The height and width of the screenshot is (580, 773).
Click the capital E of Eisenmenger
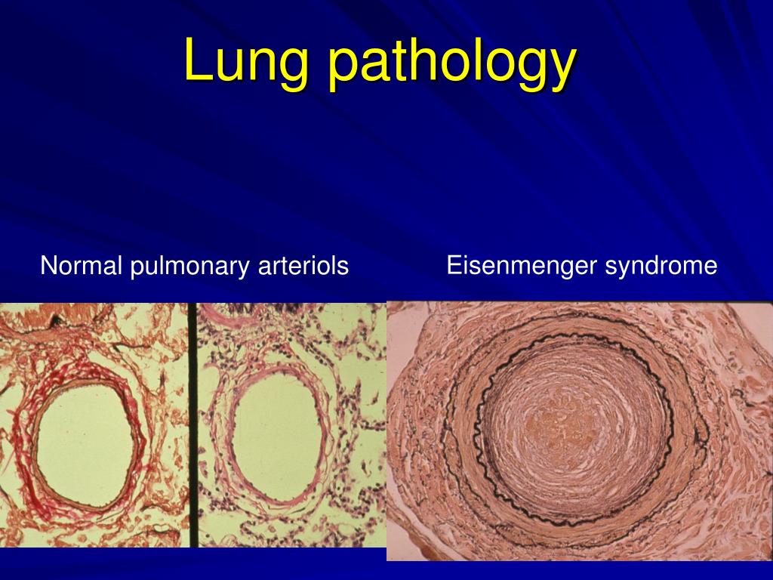pyautogui.click(x=453, y=266)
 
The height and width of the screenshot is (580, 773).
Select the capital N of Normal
pyautogui.click(x=47, y=266)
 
